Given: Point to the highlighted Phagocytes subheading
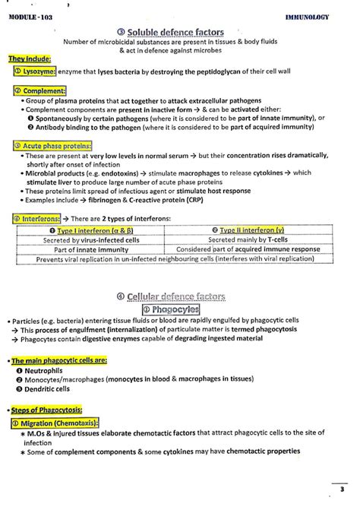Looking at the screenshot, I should [x=180, y=309].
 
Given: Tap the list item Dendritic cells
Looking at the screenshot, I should [x=52, y=388].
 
